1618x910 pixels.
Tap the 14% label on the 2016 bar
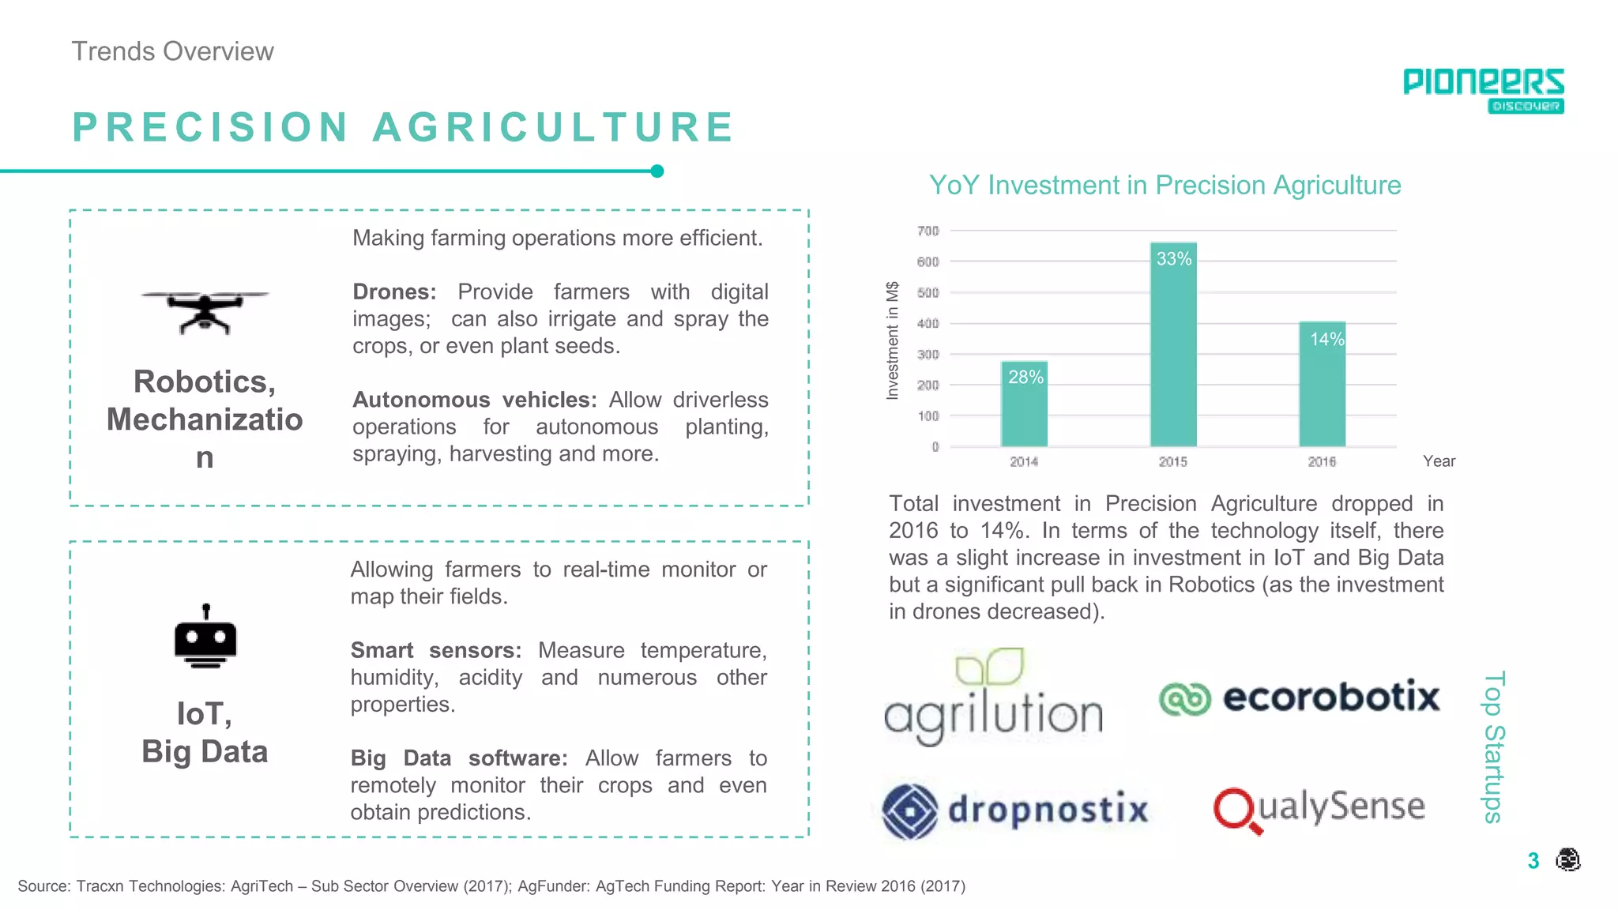[x=1326, y=340]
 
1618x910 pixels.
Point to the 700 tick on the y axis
[x=928, y=231]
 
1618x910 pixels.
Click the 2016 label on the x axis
[x=1322, y=461]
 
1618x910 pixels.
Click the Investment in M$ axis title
[x=893, y=340]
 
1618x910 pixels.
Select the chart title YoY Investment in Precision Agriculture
[x=1165, y=185]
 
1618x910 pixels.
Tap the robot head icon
[x=205, y=637]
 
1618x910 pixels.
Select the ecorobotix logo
[x=1300, y=697]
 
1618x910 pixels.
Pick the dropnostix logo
[x=1015, y=810]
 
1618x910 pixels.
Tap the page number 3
[x=1533, y=860]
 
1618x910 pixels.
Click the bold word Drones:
[x=394, y=291]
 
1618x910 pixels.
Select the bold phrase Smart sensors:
[x=435, y=650]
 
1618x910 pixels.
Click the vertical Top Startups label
[x=1493, y=746]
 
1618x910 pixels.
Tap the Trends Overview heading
[x=173, y=51]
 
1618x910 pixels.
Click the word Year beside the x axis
[x=1439, y=461]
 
